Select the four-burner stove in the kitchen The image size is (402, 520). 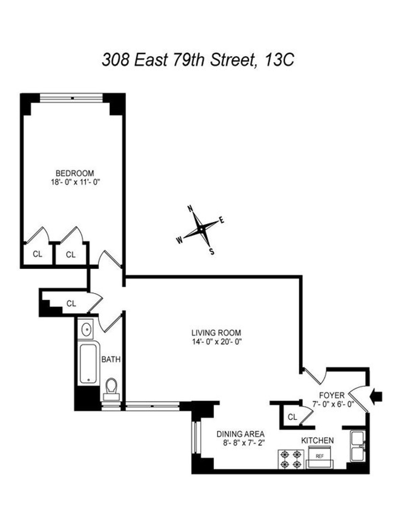pyautogui.click(x=291, y=459)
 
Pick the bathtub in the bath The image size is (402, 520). pyautogui.click(x=89, y=363)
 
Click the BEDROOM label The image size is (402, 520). pyautogui.click(x=75, y=173)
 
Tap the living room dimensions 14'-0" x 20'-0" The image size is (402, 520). pyautogui.click(x=216, y=342)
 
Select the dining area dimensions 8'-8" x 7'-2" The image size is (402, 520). pyautogui.click(x=244, y=442)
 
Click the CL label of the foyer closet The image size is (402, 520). pyautogui.click(x=292, y=417)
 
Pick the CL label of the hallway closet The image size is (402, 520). pyautogui.click(x=71, y=303)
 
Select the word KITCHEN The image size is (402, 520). pyautogui.click(x=317, y=440)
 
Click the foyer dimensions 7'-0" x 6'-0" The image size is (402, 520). pyautogui.click(x=333, y=404)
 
